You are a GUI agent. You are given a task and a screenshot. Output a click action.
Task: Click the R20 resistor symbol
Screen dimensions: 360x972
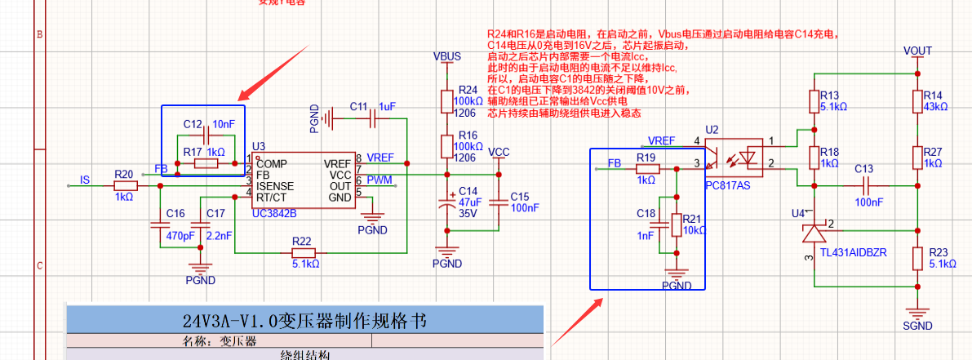click(125, 186)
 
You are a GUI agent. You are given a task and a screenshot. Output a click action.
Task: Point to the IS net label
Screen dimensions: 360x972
click(85, 179)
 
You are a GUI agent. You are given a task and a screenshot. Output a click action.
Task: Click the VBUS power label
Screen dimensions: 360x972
click(446, 57)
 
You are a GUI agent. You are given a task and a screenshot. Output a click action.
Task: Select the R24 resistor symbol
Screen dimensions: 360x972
click(446, 100)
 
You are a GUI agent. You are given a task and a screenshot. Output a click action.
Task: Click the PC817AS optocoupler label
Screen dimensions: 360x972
click(727, 184)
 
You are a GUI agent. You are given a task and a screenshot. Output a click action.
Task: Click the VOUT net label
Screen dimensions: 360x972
click(917, 51)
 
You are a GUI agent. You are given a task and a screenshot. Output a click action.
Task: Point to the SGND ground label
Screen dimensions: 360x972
click(917, 325)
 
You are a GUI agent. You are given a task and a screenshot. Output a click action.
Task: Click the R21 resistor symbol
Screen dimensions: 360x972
click(676, 224)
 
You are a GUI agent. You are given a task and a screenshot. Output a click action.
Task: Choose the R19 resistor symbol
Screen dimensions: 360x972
click(646, 169)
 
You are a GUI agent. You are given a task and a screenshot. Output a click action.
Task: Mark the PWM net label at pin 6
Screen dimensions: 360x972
click(379, 180)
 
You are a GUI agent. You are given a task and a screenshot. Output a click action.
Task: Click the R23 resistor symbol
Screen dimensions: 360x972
click(917, 257)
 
